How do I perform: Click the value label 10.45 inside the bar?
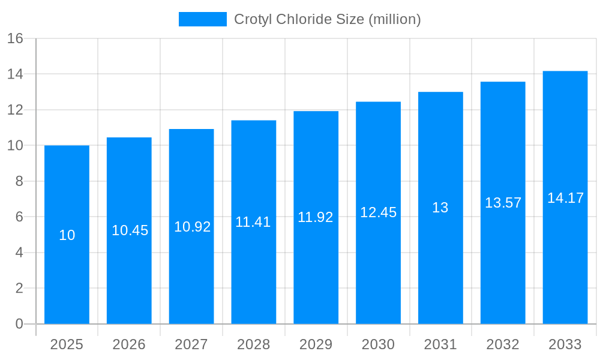(130, 230)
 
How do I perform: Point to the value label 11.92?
(316, 217)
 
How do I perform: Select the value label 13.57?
(503, 203)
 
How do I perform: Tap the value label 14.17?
(565, 198)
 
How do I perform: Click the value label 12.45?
(378, 212)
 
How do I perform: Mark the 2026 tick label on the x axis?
(129, 344)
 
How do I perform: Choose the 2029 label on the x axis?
(316, 344)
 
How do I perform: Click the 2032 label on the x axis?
(503, 344)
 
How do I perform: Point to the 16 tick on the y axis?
(15, 38)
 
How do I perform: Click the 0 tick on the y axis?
(19, 324)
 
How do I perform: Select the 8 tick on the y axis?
(19, 181)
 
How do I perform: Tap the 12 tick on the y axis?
(15, 110)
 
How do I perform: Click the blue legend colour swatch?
(203, 19)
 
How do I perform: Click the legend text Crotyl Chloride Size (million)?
(328, 19)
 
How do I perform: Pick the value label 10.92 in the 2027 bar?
(192, 227)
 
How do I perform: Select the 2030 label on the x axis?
(378, 344)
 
